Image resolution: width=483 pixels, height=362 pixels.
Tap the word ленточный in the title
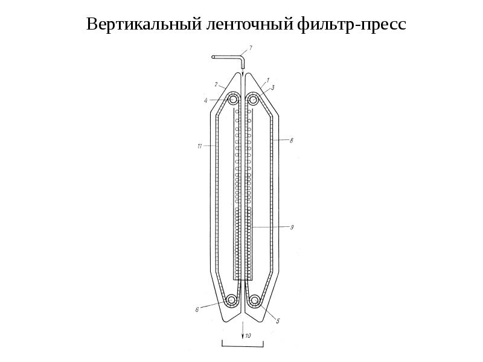249,24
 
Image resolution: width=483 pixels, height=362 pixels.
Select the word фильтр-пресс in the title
352,24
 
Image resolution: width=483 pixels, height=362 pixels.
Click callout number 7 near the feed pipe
251,48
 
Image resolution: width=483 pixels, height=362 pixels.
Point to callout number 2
216,84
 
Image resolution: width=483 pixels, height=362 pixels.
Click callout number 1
267,80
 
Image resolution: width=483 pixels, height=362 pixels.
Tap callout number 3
273,87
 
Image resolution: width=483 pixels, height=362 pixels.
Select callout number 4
206,100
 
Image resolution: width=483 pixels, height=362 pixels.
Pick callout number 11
199,146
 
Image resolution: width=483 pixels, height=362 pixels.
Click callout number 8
292,141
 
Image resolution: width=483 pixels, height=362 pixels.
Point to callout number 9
292,227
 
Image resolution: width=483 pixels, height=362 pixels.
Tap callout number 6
197,310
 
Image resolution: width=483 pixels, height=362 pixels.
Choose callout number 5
278,321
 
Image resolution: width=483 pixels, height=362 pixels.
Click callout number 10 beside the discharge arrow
248,335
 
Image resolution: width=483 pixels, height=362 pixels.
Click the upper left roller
233,100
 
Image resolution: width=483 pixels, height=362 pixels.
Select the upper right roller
254,100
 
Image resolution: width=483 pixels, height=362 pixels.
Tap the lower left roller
231,299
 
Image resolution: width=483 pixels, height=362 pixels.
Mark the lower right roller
254,299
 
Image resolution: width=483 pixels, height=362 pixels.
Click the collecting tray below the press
243,346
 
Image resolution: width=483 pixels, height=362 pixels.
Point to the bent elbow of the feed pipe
241,57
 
